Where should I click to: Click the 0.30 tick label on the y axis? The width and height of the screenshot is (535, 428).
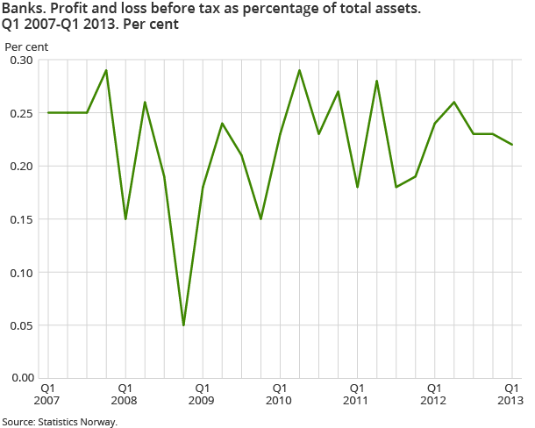tap(21, 61)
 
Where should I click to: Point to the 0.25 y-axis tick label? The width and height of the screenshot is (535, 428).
tap(21, 113)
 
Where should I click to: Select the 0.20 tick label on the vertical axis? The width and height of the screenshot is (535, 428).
tap(21, 166)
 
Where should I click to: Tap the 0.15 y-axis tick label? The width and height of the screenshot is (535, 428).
tap(21, 219)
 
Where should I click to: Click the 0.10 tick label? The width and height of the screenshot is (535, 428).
tap(21, 272)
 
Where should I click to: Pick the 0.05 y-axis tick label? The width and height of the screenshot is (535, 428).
tap(21, 325)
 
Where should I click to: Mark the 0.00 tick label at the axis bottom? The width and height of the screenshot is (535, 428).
tap(21, 378)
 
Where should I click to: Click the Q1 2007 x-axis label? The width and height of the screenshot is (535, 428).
tap(47, 393)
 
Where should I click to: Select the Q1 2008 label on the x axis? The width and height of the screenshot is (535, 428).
tap(125, 393)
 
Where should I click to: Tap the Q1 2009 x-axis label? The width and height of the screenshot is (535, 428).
tap(202, 393)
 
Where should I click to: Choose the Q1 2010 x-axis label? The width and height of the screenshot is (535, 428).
tap(279, 393)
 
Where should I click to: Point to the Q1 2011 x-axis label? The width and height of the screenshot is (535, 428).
tap(357, 393)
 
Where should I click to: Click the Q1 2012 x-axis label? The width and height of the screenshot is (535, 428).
tap(434, 393)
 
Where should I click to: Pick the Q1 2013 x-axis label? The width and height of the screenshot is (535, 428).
tap(511, 393)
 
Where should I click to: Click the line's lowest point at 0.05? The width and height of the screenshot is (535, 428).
tap(183, 325)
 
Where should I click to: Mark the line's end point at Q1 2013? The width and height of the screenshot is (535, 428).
tap(512, 145)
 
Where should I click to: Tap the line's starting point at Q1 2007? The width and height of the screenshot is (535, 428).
tap(47, 113)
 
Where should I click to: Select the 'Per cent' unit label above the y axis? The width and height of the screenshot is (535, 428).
tap(27, 45)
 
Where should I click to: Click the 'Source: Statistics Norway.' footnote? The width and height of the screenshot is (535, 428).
tap(59, 421)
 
